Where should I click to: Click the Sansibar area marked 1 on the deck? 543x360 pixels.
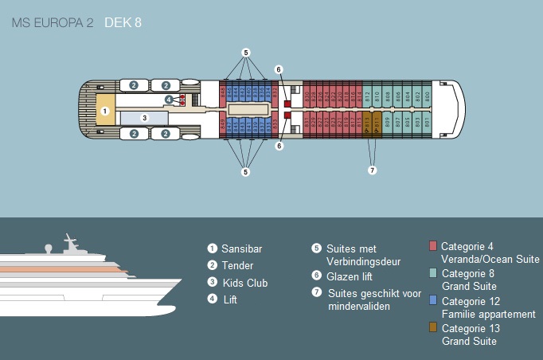pos(106,110)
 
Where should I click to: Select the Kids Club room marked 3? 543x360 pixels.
pos(144,118)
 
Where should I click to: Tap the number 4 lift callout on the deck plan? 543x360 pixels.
pos(169,100)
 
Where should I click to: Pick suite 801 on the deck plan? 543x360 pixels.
pos(428,123)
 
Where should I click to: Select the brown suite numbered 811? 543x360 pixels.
pos(377,123)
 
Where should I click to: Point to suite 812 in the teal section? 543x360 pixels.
pos(368,96)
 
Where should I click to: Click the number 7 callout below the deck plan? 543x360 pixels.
pos(372,170)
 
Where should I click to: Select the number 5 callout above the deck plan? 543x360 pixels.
pos(246,53)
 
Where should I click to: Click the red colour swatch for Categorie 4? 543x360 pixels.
pos(433,245)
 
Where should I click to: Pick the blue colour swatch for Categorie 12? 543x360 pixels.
pos(433,300)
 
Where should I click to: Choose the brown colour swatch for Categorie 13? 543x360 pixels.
pos(433,327)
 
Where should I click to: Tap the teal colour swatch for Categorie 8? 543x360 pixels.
pos(433,272)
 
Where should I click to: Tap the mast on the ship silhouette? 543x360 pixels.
pos(70,241)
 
